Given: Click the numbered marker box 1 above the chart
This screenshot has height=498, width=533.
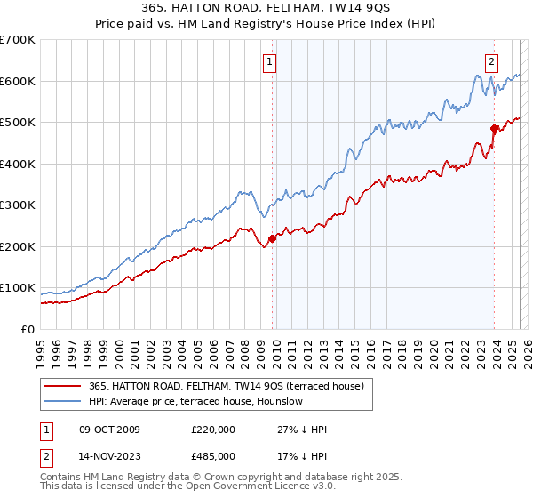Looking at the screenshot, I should click(x=269, y=62).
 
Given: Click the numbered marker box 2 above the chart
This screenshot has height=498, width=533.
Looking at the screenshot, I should click(x=491, y=62).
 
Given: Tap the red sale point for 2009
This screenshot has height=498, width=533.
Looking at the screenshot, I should click(x=272, y=238).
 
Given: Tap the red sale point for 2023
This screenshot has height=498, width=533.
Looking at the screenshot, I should click(x=494, y=129).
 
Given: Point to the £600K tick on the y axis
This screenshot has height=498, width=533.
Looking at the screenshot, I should click(x=19, y=81).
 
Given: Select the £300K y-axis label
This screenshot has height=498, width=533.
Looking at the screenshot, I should click(x=19, y=205).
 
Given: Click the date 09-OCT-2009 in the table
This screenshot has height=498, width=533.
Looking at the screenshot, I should click(x=109, y=430).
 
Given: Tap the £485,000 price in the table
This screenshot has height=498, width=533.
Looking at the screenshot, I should click(x=213, y=455).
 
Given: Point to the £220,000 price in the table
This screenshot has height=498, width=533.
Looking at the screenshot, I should click(x=213, y=430).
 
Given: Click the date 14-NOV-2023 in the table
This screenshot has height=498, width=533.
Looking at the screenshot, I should click(x=110, y=455).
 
